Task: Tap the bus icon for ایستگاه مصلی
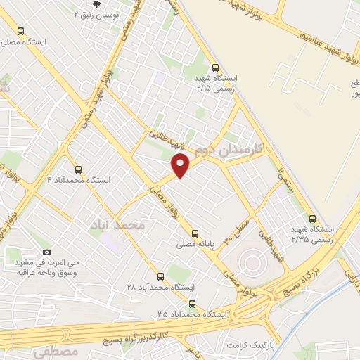pyautogui.click(x=20, y=32)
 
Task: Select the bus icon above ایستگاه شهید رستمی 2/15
pyautogui.click(x=215, y=67)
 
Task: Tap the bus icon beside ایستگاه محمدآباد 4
pyautogui.click(x=77, y=169)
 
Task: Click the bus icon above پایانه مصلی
pyautogui.click(x=195, y=234)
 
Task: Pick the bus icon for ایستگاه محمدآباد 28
pyautogui.click(x=161, y=276)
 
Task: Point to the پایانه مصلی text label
pyautogui.click(x=195, y=245)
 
